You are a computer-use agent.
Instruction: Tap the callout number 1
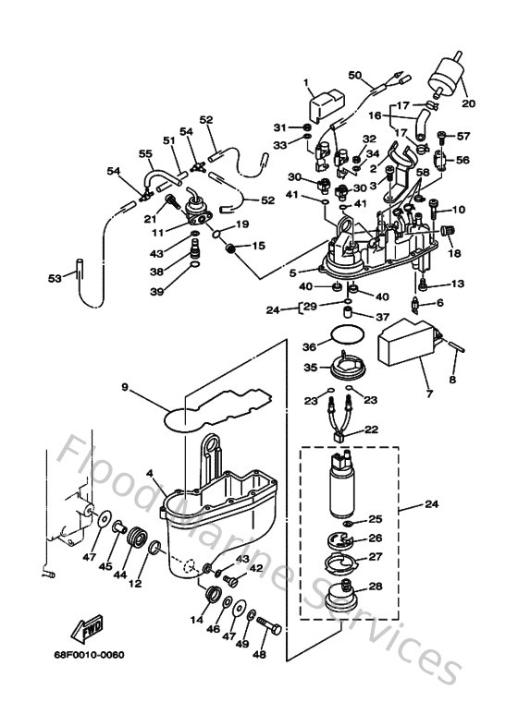pos(306,83)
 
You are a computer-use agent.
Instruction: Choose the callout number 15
pos(258,246)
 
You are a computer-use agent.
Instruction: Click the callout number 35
pos(311,369)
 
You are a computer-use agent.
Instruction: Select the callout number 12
pos(136,583)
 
